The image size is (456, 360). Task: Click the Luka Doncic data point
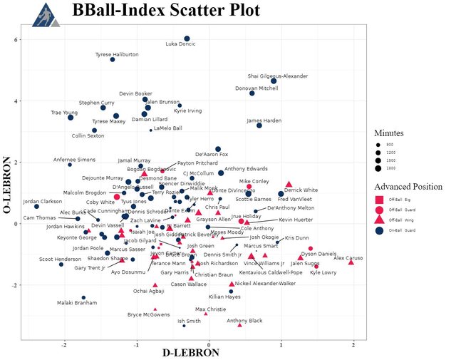coord(187,38)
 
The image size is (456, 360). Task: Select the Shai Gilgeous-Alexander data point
coord(274,81)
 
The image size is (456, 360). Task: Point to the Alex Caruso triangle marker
coord(351,262)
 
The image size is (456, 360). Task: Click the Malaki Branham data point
coord(83,297)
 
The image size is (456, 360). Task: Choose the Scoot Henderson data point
coord(61,264)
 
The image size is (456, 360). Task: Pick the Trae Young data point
coord(71,117)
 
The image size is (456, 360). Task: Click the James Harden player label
coord(264,120)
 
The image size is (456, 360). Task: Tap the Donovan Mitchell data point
coord(252,93)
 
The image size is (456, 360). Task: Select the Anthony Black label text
coord(244,321)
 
